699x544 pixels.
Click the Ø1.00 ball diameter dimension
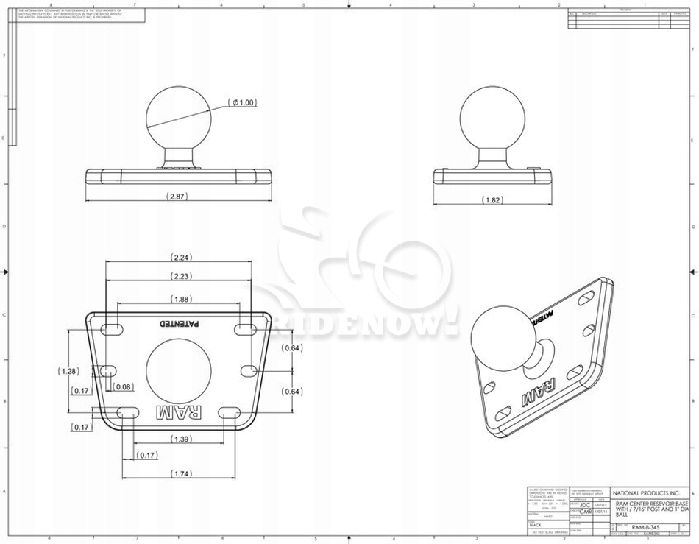point(244,103)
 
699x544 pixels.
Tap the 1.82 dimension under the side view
point(492,199)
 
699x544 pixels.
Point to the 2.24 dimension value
point(181,257)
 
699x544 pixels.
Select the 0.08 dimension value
point(124,386)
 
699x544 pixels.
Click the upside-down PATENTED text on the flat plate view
point(181,323)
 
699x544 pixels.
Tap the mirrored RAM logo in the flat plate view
point(179,414)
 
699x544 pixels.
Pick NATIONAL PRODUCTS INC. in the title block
point(647,492)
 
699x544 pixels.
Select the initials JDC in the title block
point(585,505)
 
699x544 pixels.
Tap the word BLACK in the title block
point(535,525)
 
